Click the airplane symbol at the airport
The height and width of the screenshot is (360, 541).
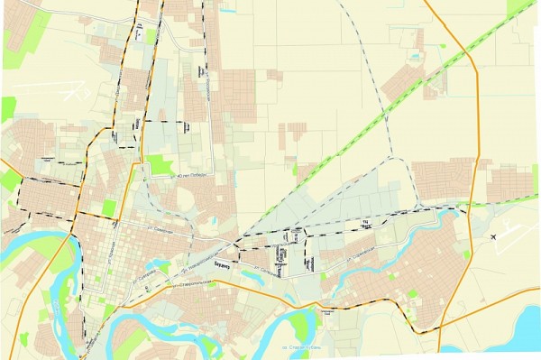pyautogui.click(x=497, y=235)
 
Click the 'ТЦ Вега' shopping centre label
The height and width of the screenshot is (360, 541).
pyautogui.click(x=364, y=224)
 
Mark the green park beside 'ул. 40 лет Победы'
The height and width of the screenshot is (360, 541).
pyautogui.click(x=159, y=165)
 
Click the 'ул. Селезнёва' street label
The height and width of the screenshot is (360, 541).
pyautogui.click(x=265, y=268)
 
